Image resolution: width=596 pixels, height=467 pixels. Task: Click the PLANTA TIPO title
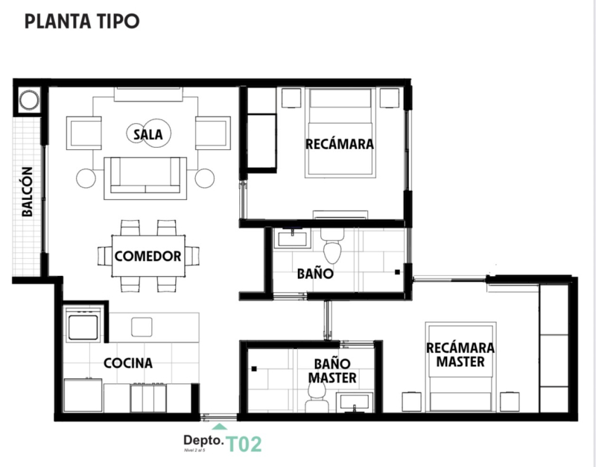tap(81, 22)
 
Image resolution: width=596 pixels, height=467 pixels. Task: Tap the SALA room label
tap(148, 134)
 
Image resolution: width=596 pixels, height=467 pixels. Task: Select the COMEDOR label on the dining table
tap(148, 256)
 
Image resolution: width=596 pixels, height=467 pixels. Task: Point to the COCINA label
tap(128, 363)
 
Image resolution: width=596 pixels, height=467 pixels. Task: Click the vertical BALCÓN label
tap(27, 192)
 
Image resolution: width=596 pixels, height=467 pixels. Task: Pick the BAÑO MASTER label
tap(333, 371)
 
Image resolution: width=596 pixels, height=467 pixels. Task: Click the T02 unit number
tap(244, 445)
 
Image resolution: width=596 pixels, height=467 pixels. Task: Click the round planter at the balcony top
tap(29, 101)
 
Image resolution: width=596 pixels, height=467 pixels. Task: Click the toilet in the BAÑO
tap(332, 249)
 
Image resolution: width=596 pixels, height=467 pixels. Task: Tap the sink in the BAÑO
tap(293, 238)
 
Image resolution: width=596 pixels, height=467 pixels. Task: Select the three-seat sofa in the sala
tap(145, 176)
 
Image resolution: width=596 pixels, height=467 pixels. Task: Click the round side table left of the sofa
tap(86, 178)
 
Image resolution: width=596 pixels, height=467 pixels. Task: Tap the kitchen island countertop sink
tap(142, 327)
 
